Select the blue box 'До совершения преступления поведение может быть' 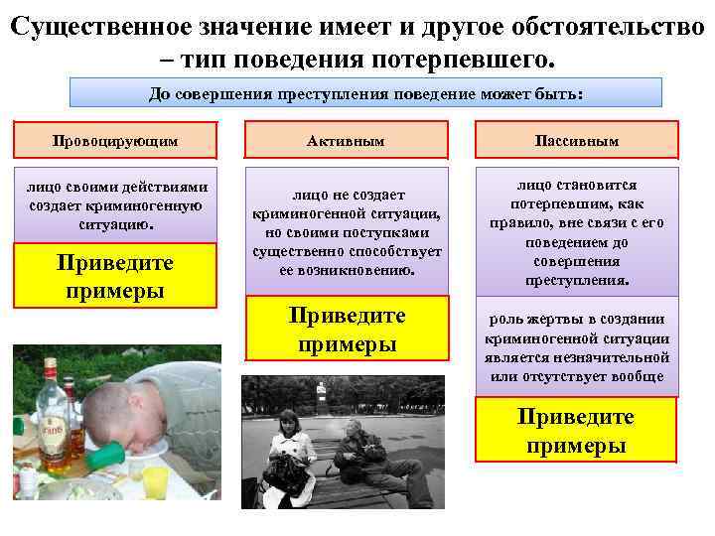(365, 94)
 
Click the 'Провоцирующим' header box (115, 141)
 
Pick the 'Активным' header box (347, 141)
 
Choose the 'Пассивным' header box (577, 141)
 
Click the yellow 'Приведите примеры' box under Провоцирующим (115, 276)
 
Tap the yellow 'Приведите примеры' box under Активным (347, 329)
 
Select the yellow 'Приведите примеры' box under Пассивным (576, 430)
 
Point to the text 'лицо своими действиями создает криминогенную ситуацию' (115, 204)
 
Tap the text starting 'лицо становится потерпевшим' (577, 231)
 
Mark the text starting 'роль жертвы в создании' (577, 347)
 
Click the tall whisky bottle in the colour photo (49, 417)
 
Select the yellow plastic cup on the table (157, 481)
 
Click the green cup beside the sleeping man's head (108, 458)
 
